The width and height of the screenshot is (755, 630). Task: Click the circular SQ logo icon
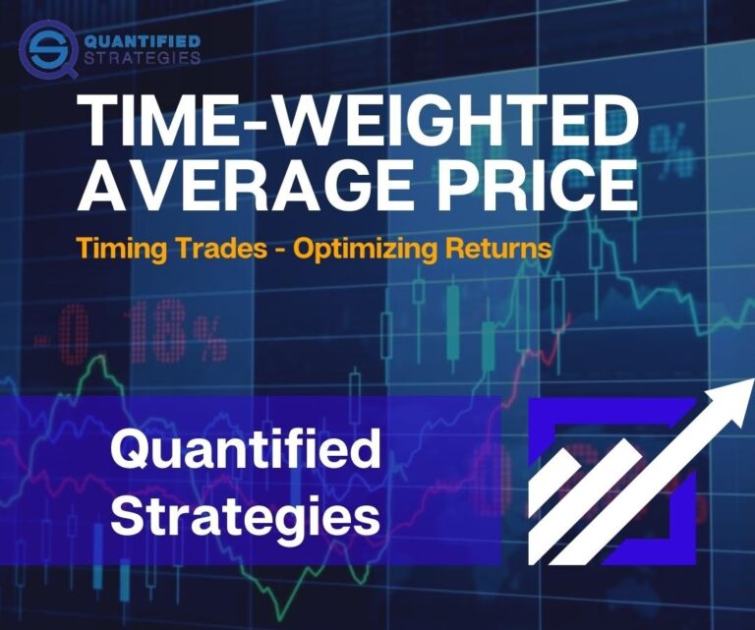point(46,50)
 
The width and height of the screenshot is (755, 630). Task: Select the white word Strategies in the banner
point(245,515)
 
